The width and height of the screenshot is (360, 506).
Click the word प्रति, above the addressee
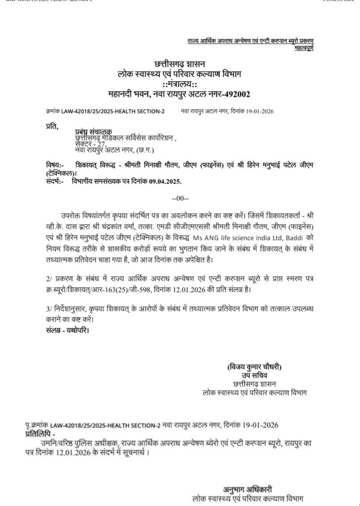[x=51, y=127]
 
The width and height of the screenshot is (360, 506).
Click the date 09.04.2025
[x=160, y=181]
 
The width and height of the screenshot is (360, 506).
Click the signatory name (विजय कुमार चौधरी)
[x=254, y=367]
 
